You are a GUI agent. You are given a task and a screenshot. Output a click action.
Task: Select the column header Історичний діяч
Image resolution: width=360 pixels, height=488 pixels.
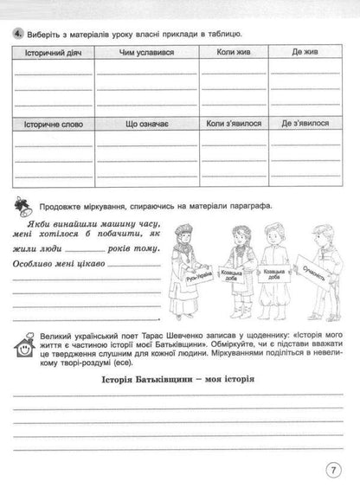click(x=50, y=54)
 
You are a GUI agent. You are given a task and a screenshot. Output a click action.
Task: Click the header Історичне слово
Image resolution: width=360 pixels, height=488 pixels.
click(x=50, y=124)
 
